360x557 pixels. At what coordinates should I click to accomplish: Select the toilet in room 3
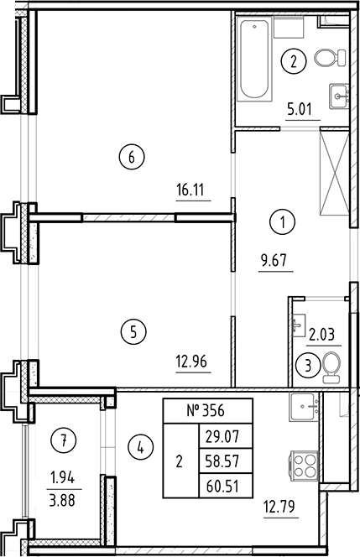tap(331, 366)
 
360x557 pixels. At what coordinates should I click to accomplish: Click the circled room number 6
tap(133, 156)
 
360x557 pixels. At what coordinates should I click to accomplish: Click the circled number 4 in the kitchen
tap(140, 448)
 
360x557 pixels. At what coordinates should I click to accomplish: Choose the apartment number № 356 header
tap(206, 411)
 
